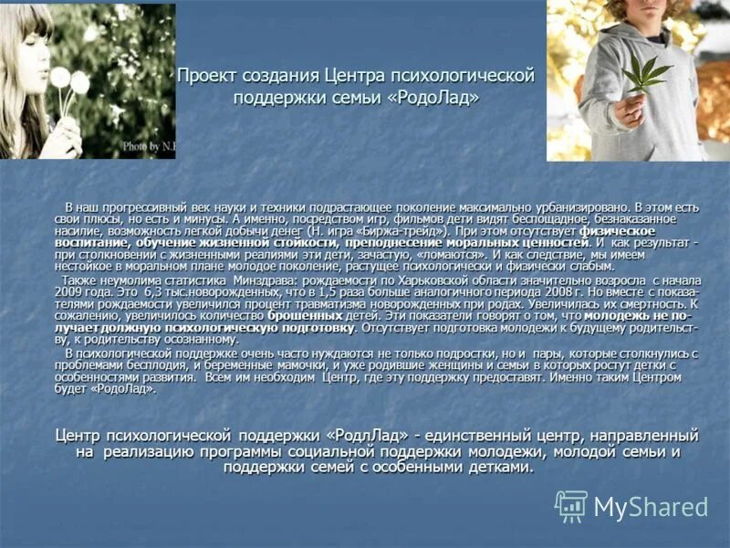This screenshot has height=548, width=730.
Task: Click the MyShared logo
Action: point(631,506)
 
